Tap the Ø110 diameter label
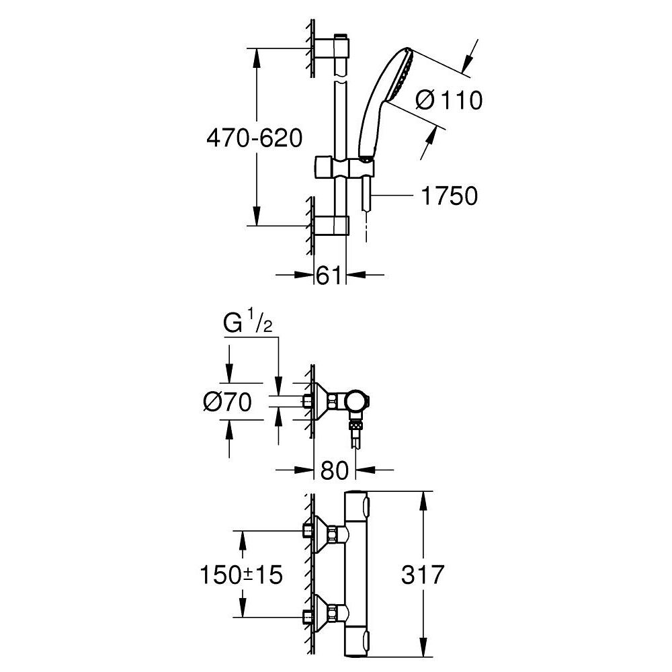[x=449, y=100]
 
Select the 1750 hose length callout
[x=449, y=196]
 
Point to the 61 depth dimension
[x=329, y=275]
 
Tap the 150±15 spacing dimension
[x=241, y=575]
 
